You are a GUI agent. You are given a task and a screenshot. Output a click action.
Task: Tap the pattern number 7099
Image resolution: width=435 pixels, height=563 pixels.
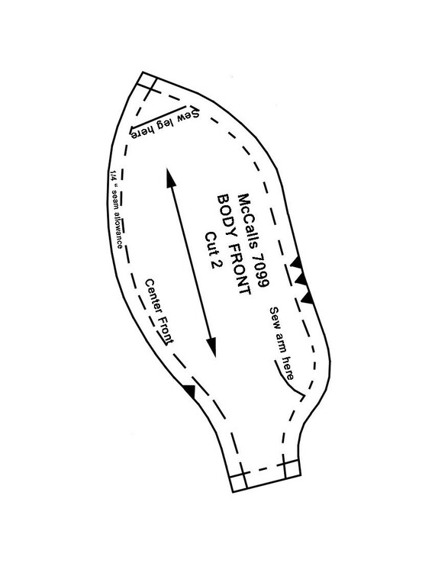pos(261,269)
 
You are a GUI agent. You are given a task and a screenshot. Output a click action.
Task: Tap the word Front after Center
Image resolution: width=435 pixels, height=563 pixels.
pos(166,330)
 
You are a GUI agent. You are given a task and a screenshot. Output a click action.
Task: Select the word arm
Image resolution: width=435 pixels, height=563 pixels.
pos(281,342)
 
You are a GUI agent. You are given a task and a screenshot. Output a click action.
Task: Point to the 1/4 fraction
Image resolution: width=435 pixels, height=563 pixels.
pos(113,175)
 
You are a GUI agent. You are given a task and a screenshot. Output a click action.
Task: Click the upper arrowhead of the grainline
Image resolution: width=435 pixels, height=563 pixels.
pos(170,177)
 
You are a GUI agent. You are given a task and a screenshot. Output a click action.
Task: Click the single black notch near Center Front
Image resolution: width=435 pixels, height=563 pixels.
pos(190,391)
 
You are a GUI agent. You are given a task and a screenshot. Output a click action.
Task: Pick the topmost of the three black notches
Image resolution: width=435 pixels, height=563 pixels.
pos(297,262)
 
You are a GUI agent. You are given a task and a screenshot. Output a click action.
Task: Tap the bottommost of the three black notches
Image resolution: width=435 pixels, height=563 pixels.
pos(307,298)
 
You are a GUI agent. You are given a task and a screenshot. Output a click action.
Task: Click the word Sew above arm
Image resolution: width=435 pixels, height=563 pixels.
pos(274,317)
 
